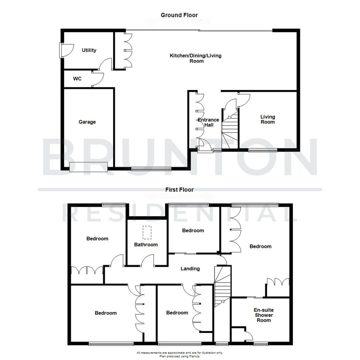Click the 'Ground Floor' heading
pyautogui.click(x=179, y=15)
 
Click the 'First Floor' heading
pyautogui.click(x=179, y=190)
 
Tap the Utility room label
pyautogui.click(x=89, y=50)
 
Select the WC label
pyautogui.click(x=77, y=79)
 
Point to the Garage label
pyautogui.click(x=87, y=122)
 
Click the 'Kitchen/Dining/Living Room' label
pyautogui.click(x=196, y=58)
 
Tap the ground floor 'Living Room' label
pyautogui.click(x=268, y=119)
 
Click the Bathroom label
pyautogui.click(x=146, y=245)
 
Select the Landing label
pyautogui.click(x=190, y=269)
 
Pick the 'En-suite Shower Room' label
pyautogui.click(x=264, y=315)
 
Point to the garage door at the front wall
pyautogui.click(x=88, y=167)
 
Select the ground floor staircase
pyautogui.click(x=230, y=130)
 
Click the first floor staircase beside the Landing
pyautogui.click(x=222, y=287)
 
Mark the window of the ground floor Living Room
pyautogui.click(x=263, y=150)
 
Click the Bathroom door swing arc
pyautogui.click(x=147, y=260)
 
